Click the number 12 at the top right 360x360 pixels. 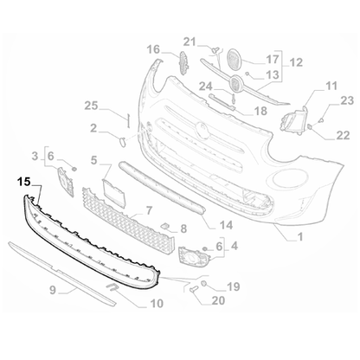295,61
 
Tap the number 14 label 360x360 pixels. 226,224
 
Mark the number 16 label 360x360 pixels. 153,49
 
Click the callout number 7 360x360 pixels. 149,210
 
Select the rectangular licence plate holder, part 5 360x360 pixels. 115,192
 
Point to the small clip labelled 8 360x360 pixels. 162,227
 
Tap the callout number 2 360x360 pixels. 92,130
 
